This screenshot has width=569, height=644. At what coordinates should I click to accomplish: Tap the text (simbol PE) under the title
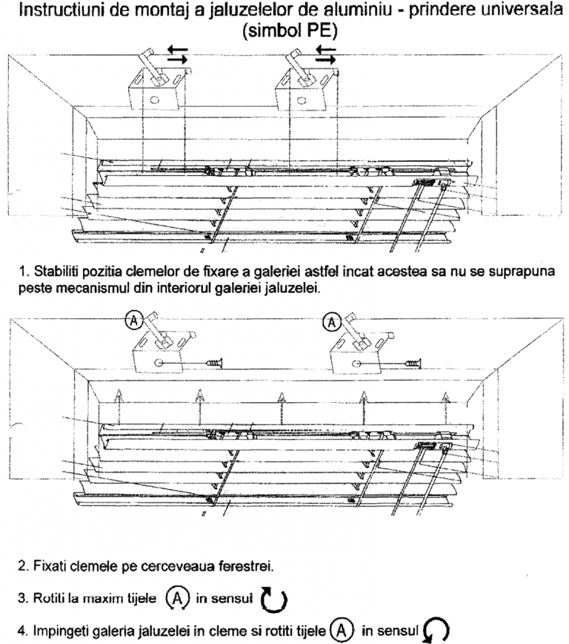(290, 32)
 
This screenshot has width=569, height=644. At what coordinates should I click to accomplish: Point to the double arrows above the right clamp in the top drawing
(325, 53)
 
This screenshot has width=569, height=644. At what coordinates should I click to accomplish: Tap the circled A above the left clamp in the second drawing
(133, 321)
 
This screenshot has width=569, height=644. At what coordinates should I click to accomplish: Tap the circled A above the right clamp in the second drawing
(334, 321)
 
